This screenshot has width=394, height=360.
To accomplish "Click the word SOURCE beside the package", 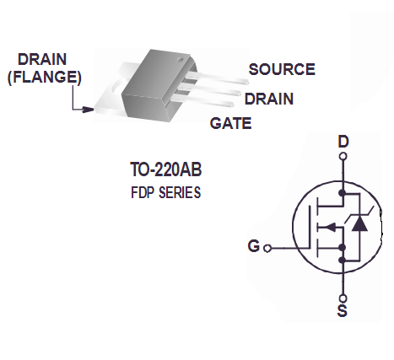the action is [282, 69].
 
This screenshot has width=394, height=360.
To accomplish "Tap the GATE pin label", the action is [230, 123].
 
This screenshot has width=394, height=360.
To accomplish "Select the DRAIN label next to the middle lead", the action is [269, 99].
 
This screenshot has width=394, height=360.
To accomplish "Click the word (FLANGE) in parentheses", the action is [45, 77].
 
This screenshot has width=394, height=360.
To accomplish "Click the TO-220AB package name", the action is [166, 169].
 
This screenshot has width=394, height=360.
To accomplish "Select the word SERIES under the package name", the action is [180, 193].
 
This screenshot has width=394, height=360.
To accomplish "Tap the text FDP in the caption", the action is [143, 193].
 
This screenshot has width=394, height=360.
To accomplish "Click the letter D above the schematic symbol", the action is [343, 142].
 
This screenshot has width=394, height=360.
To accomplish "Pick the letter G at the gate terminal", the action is [254, 246].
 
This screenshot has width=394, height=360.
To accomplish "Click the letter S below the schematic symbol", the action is [343, 311].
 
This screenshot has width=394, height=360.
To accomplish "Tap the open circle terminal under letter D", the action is [343, 156].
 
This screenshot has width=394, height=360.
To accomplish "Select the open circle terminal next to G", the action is [267, 249].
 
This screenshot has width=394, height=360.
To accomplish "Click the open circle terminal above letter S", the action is [343, 298].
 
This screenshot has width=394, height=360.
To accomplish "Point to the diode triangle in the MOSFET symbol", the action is [359, 224].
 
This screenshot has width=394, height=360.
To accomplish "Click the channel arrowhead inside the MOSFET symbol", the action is [331, 227].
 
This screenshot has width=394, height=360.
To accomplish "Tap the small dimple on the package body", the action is [181, 60].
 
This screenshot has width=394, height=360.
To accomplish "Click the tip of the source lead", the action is [246, 82].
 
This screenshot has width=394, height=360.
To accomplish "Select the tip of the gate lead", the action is [232, 105].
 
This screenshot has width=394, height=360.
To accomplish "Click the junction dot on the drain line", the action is [343, 193].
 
